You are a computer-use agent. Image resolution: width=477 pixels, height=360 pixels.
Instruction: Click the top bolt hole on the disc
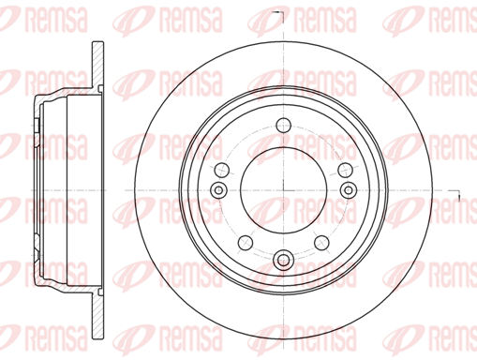(x=284, y=126)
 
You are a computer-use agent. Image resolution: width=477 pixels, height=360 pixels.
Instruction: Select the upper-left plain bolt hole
(x=222, y=170)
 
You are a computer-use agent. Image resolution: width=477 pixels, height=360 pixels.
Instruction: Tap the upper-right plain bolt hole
(x=346, y=170)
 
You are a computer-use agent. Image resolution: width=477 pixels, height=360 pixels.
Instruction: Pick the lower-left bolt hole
(x=246, y=243)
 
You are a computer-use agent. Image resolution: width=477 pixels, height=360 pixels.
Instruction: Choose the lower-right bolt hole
(x=321, y=243)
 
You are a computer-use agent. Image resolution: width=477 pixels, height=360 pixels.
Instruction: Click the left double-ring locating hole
(x=218, y=189)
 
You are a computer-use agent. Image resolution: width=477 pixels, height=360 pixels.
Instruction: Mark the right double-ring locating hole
(x=349, y=189)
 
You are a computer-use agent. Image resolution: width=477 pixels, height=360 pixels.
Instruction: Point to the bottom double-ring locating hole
(x=284, y=260)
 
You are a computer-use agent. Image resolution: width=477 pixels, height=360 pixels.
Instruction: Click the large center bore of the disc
(x=284, y=190)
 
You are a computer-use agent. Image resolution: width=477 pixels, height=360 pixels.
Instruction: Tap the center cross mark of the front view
(x=284, y=190)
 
